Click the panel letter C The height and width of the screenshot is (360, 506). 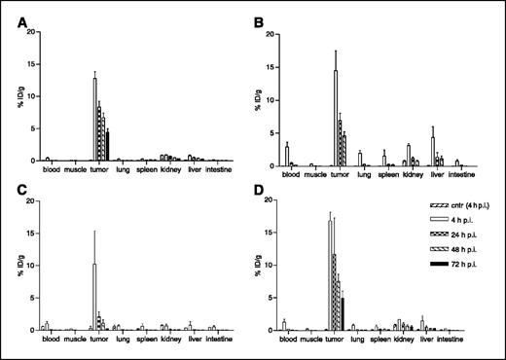(x=21, y=192)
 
